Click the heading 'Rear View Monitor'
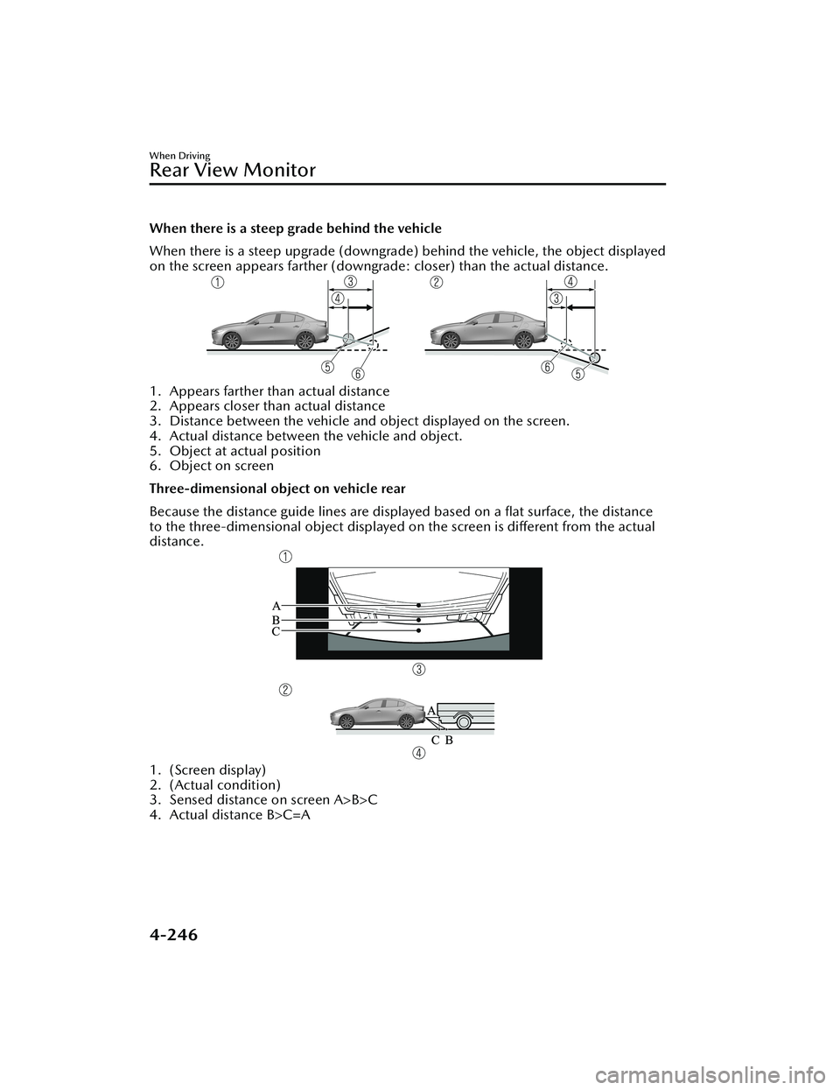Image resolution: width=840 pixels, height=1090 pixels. click(233, 170)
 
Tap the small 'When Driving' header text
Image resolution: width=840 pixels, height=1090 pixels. click(179, 155)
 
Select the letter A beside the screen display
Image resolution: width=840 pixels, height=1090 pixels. click(276, 605)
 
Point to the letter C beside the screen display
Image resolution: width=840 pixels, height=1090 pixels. click(276, 630)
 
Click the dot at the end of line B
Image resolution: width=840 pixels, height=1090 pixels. click(419, 618)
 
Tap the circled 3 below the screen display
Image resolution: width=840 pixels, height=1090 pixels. click(419, 670)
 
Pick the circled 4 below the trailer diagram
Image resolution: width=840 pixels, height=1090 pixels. click(419, 753)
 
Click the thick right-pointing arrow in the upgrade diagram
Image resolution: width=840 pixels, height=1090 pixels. click(360, 306)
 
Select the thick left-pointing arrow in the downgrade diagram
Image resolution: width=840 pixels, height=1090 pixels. click(580, 308)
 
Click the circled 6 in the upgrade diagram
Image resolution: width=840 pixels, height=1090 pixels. click(358, 375)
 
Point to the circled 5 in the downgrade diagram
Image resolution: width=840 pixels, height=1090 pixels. click(577, 375)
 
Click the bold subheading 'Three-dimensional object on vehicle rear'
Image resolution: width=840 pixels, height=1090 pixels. click(278, 489)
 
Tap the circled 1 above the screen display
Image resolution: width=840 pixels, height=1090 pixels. click(285, 557)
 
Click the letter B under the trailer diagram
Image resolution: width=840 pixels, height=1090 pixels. click(448, 740)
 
